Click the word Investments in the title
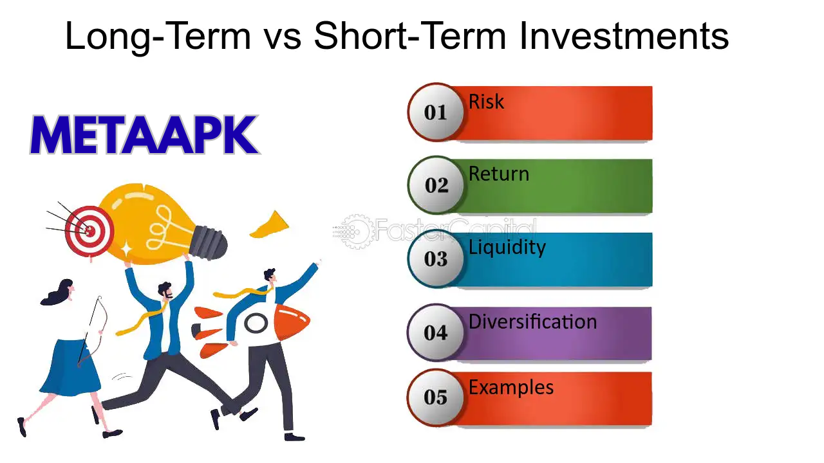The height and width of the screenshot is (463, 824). (x=624, y=37)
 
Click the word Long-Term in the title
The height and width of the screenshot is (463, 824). (x=158, y=37)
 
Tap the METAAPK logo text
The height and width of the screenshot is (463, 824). (x=144, y=136)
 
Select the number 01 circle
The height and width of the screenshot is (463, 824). (x=436, y=113)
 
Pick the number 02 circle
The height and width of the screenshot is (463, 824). (x=436, y=185)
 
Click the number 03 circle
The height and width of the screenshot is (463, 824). (x=436, y=259)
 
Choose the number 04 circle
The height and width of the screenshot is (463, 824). (x=436, y=332)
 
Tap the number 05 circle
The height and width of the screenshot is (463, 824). (x=436, y=397)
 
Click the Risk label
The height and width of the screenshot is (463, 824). (x=486, y=102)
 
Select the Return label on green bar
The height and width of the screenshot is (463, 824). (x=499, y=174)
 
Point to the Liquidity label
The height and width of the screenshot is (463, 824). (x=507, y=248)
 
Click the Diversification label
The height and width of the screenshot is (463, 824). (x=532, y=322)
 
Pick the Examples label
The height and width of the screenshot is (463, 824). (x=511, y=388)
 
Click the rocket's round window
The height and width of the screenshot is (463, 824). (x=256, y=323)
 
